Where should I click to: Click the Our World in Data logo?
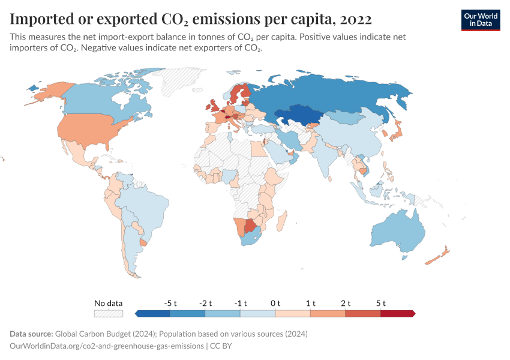(x=480, y=20)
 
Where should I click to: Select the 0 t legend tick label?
(x=275, y=303)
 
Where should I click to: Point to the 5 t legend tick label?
(x=380, y=303)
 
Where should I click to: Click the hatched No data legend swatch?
(x=109, y=313)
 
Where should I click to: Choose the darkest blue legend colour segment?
(x=153, y=313)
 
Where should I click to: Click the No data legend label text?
(x=109, y=303)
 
